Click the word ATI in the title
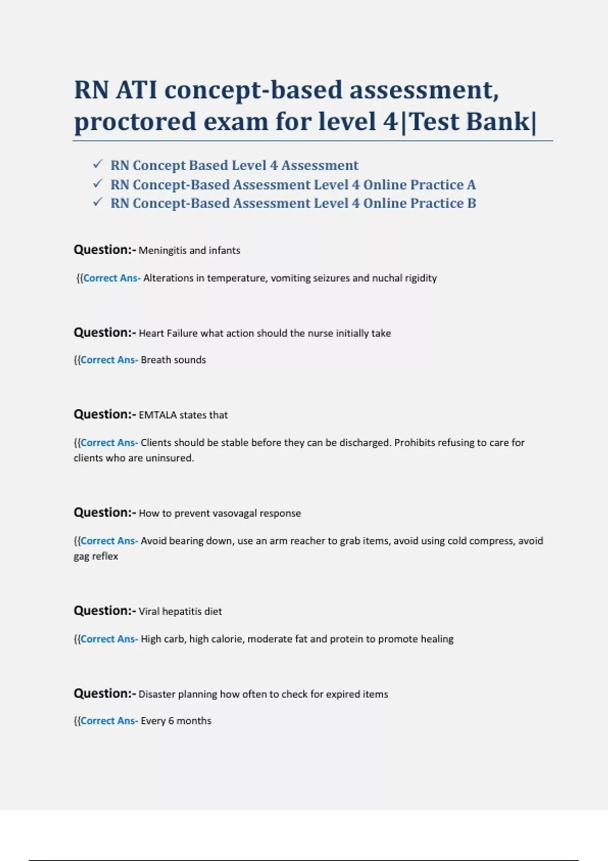pyautogui.click(x=136, y=90)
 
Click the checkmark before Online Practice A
pyautogui.click(x=98, y=183)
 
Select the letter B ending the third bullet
pyautogui.click(x=471, y=204)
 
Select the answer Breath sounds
pyautogui.click(x=173, y=360)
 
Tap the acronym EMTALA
pyautogui.click(x=158, y=415)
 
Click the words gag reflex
pyautogui.click(x=96, y=557)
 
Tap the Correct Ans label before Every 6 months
pyautogui.click(x=108, y=721)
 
